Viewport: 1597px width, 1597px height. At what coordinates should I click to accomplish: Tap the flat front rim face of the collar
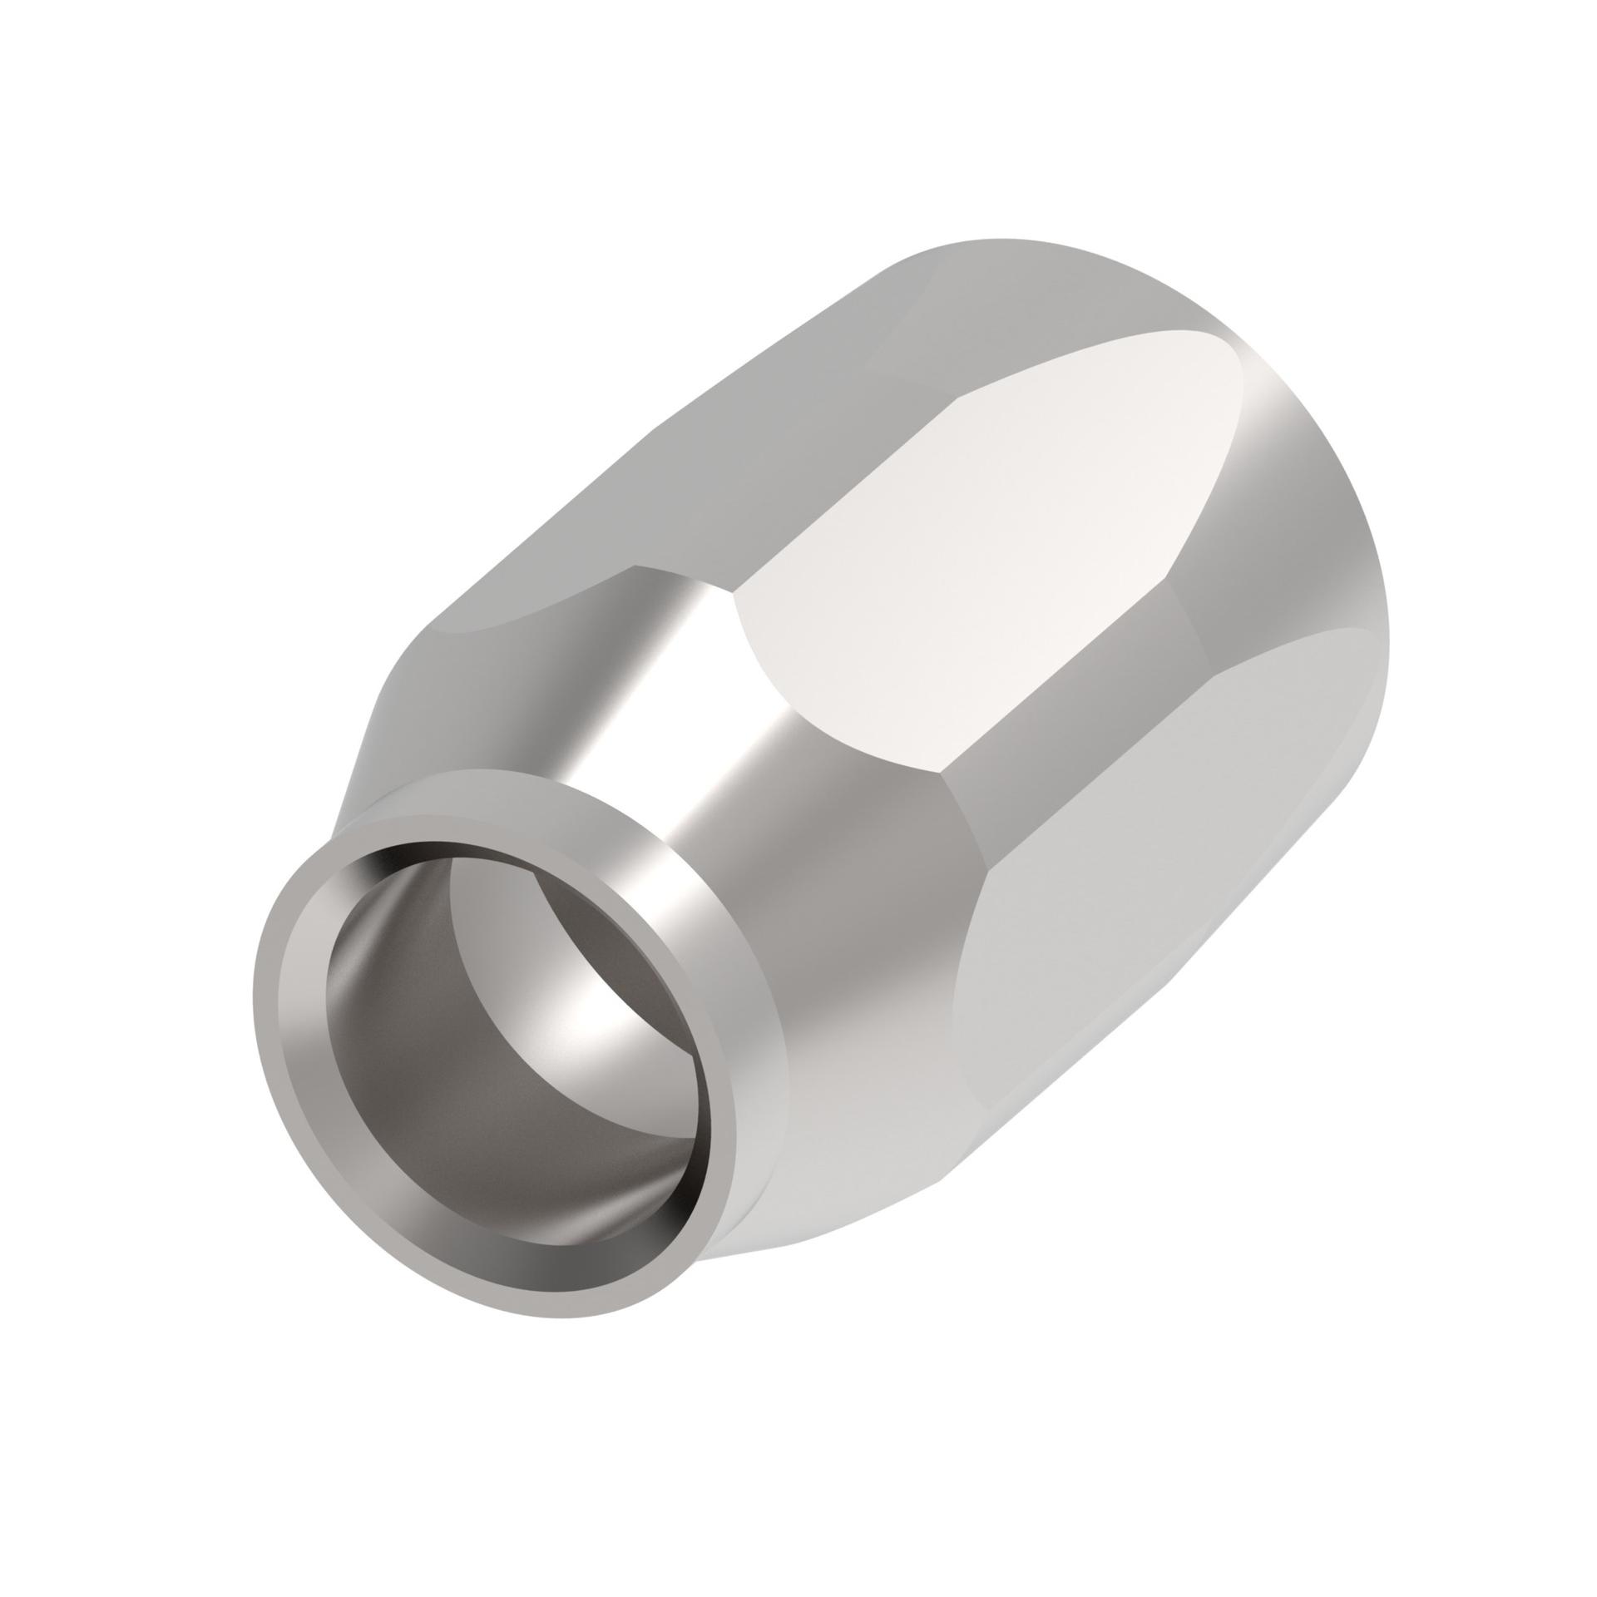click(x=283, y=1040)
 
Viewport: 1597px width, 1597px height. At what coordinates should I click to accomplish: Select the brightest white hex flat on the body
click(x=981, y=532)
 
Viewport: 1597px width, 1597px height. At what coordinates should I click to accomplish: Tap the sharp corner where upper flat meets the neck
click(x=636, y=567)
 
